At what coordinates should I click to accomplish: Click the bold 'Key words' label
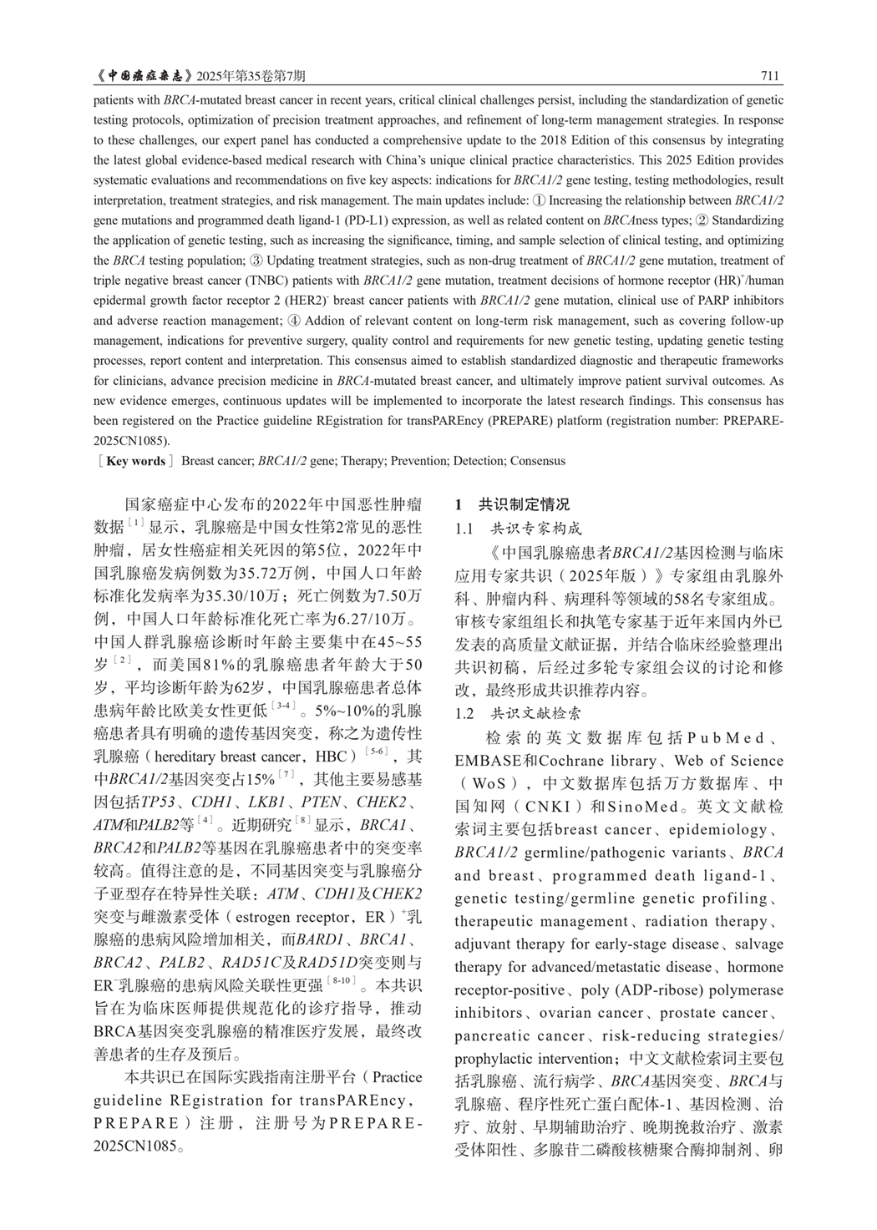[x=136, y=460]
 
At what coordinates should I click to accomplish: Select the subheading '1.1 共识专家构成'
[x=519, y=528]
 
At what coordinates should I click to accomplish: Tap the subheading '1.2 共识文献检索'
[x=519, y=714]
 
